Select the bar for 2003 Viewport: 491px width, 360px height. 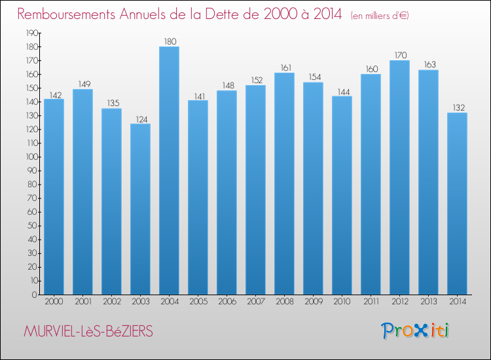pos(140,209)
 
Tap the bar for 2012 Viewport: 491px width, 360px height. pos(399,177)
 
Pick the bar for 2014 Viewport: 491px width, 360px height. pos(457,204)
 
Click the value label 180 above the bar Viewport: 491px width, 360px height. pos(169,42)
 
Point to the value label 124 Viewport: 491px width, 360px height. pos(140,119)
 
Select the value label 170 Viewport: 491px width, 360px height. pos(399,56)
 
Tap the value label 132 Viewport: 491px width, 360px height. pos(457,108)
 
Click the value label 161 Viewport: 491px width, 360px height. pos(284,68)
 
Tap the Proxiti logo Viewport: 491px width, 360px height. pos(414,331)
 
